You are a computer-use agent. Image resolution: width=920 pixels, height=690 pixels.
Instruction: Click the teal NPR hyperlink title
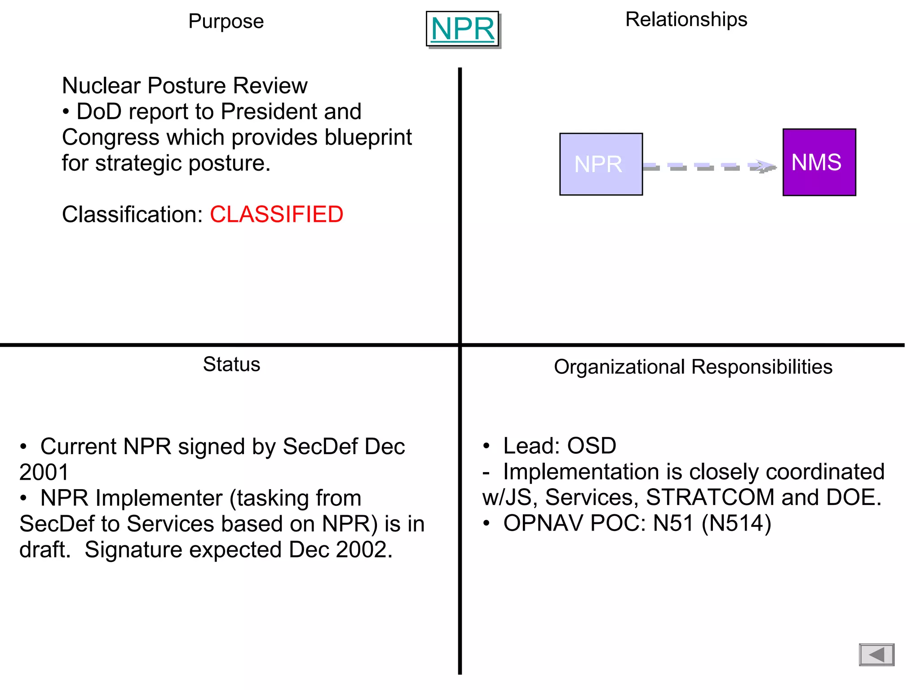click(462, 29)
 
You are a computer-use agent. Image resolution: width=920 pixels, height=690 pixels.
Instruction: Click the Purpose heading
click(226, 21)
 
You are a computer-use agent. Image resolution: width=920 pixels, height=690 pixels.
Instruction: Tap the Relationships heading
click(686, 19)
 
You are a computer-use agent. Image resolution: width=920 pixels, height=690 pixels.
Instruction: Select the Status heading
click(231, 364)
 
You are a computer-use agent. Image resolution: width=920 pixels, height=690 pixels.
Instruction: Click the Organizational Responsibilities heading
click(693, 367)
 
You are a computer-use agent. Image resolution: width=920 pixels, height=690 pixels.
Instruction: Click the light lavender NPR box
click(601, 164)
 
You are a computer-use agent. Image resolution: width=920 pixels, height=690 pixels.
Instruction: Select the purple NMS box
click(818, 162)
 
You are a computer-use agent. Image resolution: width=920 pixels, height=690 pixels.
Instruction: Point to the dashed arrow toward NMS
click(710, 167)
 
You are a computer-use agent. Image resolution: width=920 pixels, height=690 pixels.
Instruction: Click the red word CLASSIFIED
click(276, 214)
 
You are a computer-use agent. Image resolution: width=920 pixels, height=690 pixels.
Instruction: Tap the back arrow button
click(876, 655)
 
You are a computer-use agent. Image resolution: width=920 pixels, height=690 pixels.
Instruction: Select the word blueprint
click(368, 137)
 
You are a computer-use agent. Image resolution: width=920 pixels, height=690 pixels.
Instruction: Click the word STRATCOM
click(710, 497)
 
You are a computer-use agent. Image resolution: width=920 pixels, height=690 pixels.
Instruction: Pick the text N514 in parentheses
click(736, 523)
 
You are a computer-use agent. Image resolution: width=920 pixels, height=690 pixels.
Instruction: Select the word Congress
click(111, 137)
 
